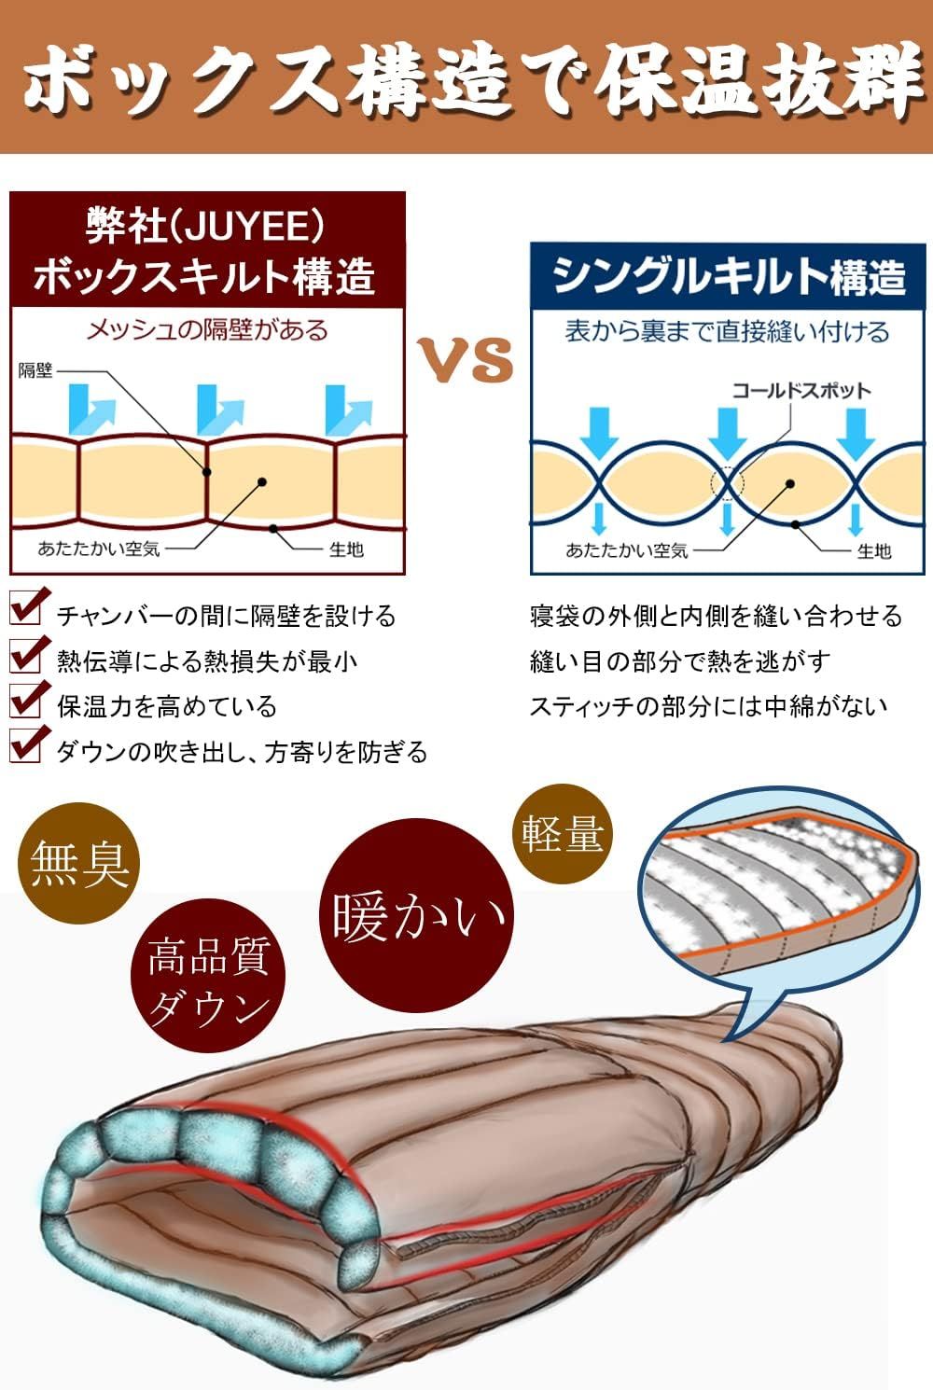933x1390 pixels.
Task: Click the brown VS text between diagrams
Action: click(x=465, y=359)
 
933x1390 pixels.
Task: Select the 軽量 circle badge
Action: click(x=563, y=833)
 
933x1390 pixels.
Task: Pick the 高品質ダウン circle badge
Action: click(x=208, y=980)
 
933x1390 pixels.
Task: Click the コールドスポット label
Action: click(x=801, y=390)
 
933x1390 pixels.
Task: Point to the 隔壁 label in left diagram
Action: click(x=35, y=370)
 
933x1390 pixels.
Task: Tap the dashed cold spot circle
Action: click(x=727, y=482)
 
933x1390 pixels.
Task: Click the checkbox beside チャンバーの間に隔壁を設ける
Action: click(x=26, y=609)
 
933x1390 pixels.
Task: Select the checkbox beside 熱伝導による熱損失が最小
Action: click(x=26, y=655)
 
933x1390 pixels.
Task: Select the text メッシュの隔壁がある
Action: click(x=207, y=329)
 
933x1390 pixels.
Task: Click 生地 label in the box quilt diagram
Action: click(x=345, y=549)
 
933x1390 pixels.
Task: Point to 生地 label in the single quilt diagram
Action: click(x=873, y=551)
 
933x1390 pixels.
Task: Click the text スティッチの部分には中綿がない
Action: click(x=708, y=706)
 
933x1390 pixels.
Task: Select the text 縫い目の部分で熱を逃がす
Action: click(x=679, y=661)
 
